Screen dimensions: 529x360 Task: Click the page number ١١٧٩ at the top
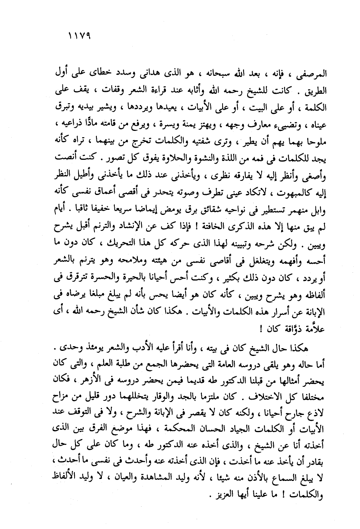[79, 37]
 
